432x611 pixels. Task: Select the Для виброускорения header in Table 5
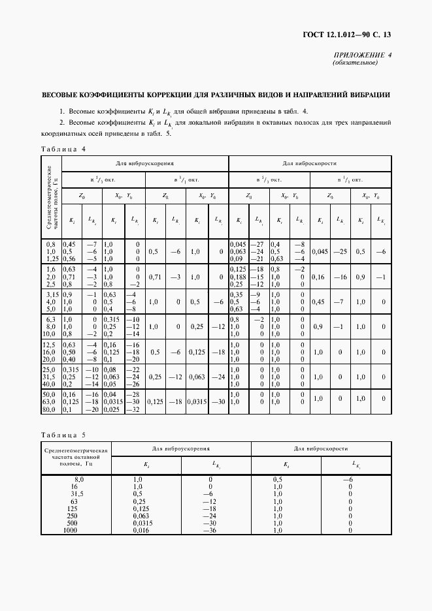point(181,449)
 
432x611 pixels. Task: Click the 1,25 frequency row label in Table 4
point(51,258)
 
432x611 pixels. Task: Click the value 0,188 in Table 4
point(242,276)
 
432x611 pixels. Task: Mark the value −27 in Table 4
point(258,243)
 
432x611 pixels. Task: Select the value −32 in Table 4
point(135,409)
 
